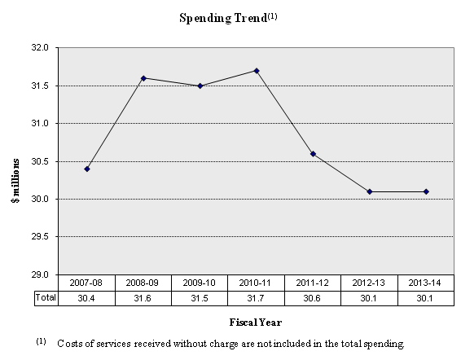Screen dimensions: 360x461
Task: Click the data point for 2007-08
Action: coord(87,169)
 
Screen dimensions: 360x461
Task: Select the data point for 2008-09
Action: coord(143,78)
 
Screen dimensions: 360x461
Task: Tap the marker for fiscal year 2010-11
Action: coord(257,71)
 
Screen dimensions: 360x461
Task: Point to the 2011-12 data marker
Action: coord(313,154)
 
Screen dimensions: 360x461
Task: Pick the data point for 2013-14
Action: coord(426,191)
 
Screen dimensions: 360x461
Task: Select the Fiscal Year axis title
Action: coord(256,321)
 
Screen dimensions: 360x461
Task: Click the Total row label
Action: coord(46,298)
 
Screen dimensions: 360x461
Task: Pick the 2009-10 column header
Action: coord(200,283)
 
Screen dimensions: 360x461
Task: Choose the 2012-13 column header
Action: coord(369,283)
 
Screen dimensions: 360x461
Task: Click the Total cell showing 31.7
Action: coord(257,298)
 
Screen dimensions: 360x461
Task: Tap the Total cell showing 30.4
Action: coord(87,298)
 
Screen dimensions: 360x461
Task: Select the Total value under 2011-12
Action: coord(313,298)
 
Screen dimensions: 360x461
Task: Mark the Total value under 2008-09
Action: coord(143,298)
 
